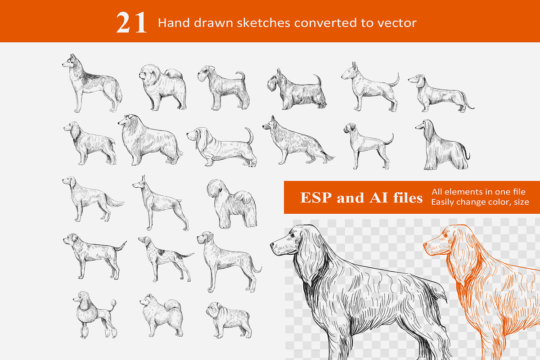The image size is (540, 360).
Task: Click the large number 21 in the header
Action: (x=131, y=22)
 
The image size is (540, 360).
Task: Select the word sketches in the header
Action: (x=264, y=23)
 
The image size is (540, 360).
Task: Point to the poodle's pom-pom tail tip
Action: (x=113, y=302)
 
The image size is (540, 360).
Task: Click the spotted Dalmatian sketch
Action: (x=166, y=259)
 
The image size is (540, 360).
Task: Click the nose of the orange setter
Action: (x=425, y=245)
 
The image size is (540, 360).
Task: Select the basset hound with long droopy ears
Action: (x=222, y=147)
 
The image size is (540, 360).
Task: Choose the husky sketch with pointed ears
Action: (x=92, y=83)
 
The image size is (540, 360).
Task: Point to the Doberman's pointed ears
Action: (x=144, y=179)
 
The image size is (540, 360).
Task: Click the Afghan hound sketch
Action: (x=443, y=145)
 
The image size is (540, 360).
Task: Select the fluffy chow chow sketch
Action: (x=163, y=87)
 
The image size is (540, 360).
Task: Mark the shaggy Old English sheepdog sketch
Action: (x=232, y=204)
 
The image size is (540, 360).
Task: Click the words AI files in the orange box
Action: (x=396, y=198)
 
